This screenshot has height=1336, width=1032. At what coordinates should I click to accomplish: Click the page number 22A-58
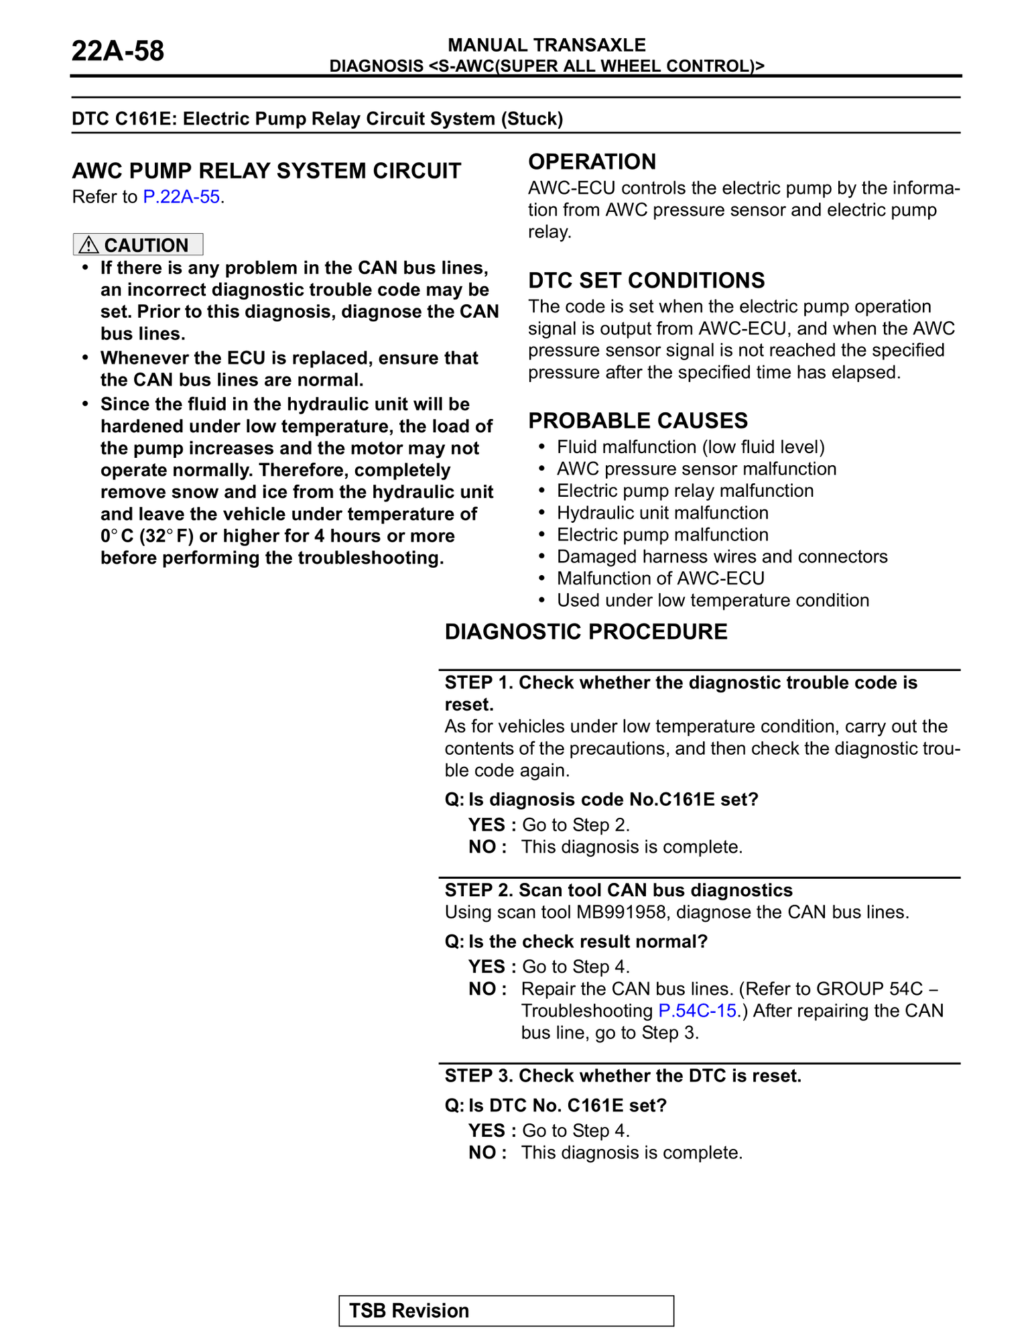[x=117, y=52]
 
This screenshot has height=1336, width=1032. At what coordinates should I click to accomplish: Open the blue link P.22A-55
[x=182, y=197]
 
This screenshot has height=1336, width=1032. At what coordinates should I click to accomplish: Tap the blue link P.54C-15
[x=698, y=1010]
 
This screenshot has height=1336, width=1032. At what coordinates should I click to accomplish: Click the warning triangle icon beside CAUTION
[x=88, y=245]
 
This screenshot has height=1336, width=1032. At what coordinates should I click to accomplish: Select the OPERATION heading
[x=592, y=162]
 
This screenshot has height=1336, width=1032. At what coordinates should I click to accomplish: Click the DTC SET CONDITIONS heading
[x=646, y=280]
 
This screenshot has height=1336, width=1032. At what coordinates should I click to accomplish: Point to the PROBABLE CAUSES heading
[x=638, y=421]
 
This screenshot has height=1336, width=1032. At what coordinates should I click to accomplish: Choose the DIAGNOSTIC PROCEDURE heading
[x=586, y=632]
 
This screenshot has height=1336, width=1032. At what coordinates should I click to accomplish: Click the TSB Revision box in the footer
[x=506, y=1311]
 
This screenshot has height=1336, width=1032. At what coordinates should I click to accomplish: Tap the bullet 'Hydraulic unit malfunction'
[x=662, y=513]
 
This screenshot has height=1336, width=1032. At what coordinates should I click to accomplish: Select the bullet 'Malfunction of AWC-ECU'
[x=660, y=579]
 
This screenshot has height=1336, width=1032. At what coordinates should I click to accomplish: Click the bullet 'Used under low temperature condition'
[x=712, y=601]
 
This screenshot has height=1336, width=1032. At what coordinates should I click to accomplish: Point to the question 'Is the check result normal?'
[x=588, y=942]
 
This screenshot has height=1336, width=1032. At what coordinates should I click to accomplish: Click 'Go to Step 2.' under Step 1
[x=576, y=825]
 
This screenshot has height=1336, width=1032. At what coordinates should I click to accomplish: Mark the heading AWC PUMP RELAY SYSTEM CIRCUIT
[x=267, y=171]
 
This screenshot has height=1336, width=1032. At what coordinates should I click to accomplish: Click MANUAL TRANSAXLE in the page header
[x=546, y=45]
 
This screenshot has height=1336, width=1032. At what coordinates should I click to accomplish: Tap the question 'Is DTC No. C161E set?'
[x=568, y=1105]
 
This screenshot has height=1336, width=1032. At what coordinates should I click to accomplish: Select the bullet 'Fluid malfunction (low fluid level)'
[x=690, y=447]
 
